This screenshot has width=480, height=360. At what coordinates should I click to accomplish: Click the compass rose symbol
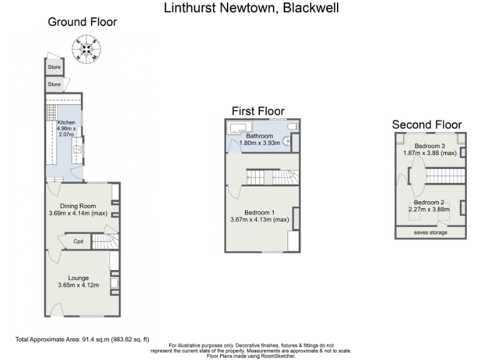(85, 49)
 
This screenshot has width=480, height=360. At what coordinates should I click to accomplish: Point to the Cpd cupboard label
(79, 241)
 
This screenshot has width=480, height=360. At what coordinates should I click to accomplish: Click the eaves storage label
(430, 232)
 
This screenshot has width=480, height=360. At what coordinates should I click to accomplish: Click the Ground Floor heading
(82, 22)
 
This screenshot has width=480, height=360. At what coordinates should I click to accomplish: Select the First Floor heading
(257, 111)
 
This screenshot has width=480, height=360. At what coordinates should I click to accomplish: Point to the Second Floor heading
(427, 124)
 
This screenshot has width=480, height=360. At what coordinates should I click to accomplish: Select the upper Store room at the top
(54, 67)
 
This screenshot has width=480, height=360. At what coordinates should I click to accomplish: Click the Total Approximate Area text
(82, 340)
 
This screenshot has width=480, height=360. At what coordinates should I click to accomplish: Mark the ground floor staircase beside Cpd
(105, 241)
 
